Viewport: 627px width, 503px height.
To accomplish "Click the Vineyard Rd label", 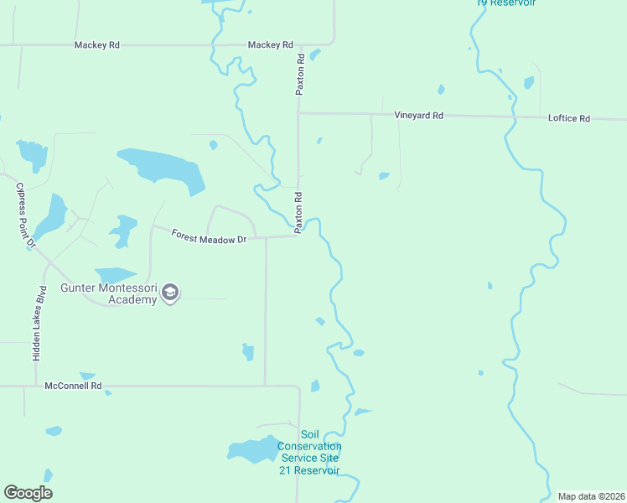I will [x=419, y=116].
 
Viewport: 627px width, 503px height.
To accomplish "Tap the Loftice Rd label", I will [x=569, y=118].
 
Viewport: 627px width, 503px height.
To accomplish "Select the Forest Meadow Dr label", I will [x=209, y=238].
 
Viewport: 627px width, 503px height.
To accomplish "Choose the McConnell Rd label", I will [x=73, y=386].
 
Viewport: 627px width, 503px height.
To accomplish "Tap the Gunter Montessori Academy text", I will [x=109, y=294].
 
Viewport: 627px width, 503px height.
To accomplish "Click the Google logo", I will [x=28, y=493].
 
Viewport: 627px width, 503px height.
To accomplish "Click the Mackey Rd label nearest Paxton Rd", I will [x=270, y=45].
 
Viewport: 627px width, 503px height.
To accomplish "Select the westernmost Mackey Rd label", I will [x=96, y=45].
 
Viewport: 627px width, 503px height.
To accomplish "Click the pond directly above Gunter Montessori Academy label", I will [x=115, y=274].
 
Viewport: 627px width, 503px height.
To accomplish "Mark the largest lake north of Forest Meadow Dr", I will [x=163, y=167].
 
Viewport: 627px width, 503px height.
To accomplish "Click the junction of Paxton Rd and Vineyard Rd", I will [x=298, y=113].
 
